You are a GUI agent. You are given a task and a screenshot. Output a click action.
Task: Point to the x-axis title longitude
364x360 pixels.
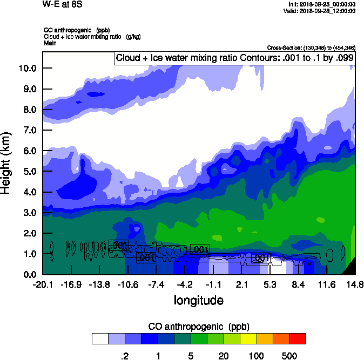pos(198,300)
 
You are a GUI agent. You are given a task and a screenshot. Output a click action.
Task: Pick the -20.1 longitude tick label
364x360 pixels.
pos(42,284)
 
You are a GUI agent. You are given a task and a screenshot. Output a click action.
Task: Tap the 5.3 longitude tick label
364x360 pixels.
pos(270,284)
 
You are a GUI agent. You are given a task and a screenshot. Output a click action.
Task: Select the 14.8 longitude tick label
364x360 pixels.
pos(355,284)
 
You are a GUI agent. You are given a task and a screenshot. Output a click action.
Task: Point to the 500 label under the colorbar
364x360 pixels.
pos(289,356)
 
